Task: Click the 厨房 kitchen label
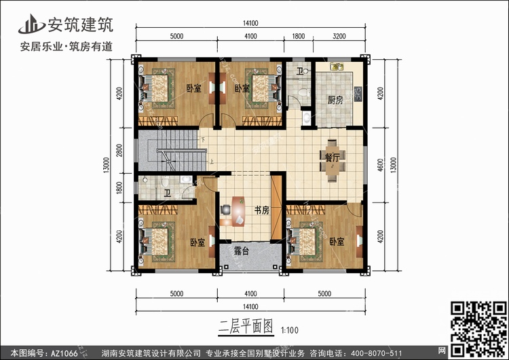click(335, 100)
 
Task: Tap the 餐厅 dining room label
click(332, 158)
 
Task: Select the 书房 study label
click(262, 210)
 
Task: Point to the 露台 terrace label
click(242, 251)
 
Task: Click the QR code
click(478, 329)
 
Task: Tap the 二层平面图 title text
click(246, 327)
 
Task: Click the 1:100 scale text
click(290, 330)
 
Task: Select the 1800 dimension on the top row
click(299, 36)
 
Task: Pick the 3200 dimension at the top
click(339, 36)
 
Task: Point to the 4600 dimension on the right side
click(381, 165)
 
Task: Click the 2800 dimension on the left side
click(119, 150)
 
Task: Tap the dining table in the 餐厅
click(333, 161)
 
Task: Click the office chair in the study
click(225, 210)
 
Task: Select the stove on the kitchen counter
click(358, 94)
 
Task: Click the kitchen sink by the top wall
click(337, 67)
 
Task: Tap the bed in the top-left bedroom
click(157, 88)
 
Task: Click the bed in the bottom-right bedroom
click(305, 241)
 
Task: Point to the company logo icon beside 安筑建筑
click(31, 24)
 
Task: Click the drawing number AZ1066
click(64, 353)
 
